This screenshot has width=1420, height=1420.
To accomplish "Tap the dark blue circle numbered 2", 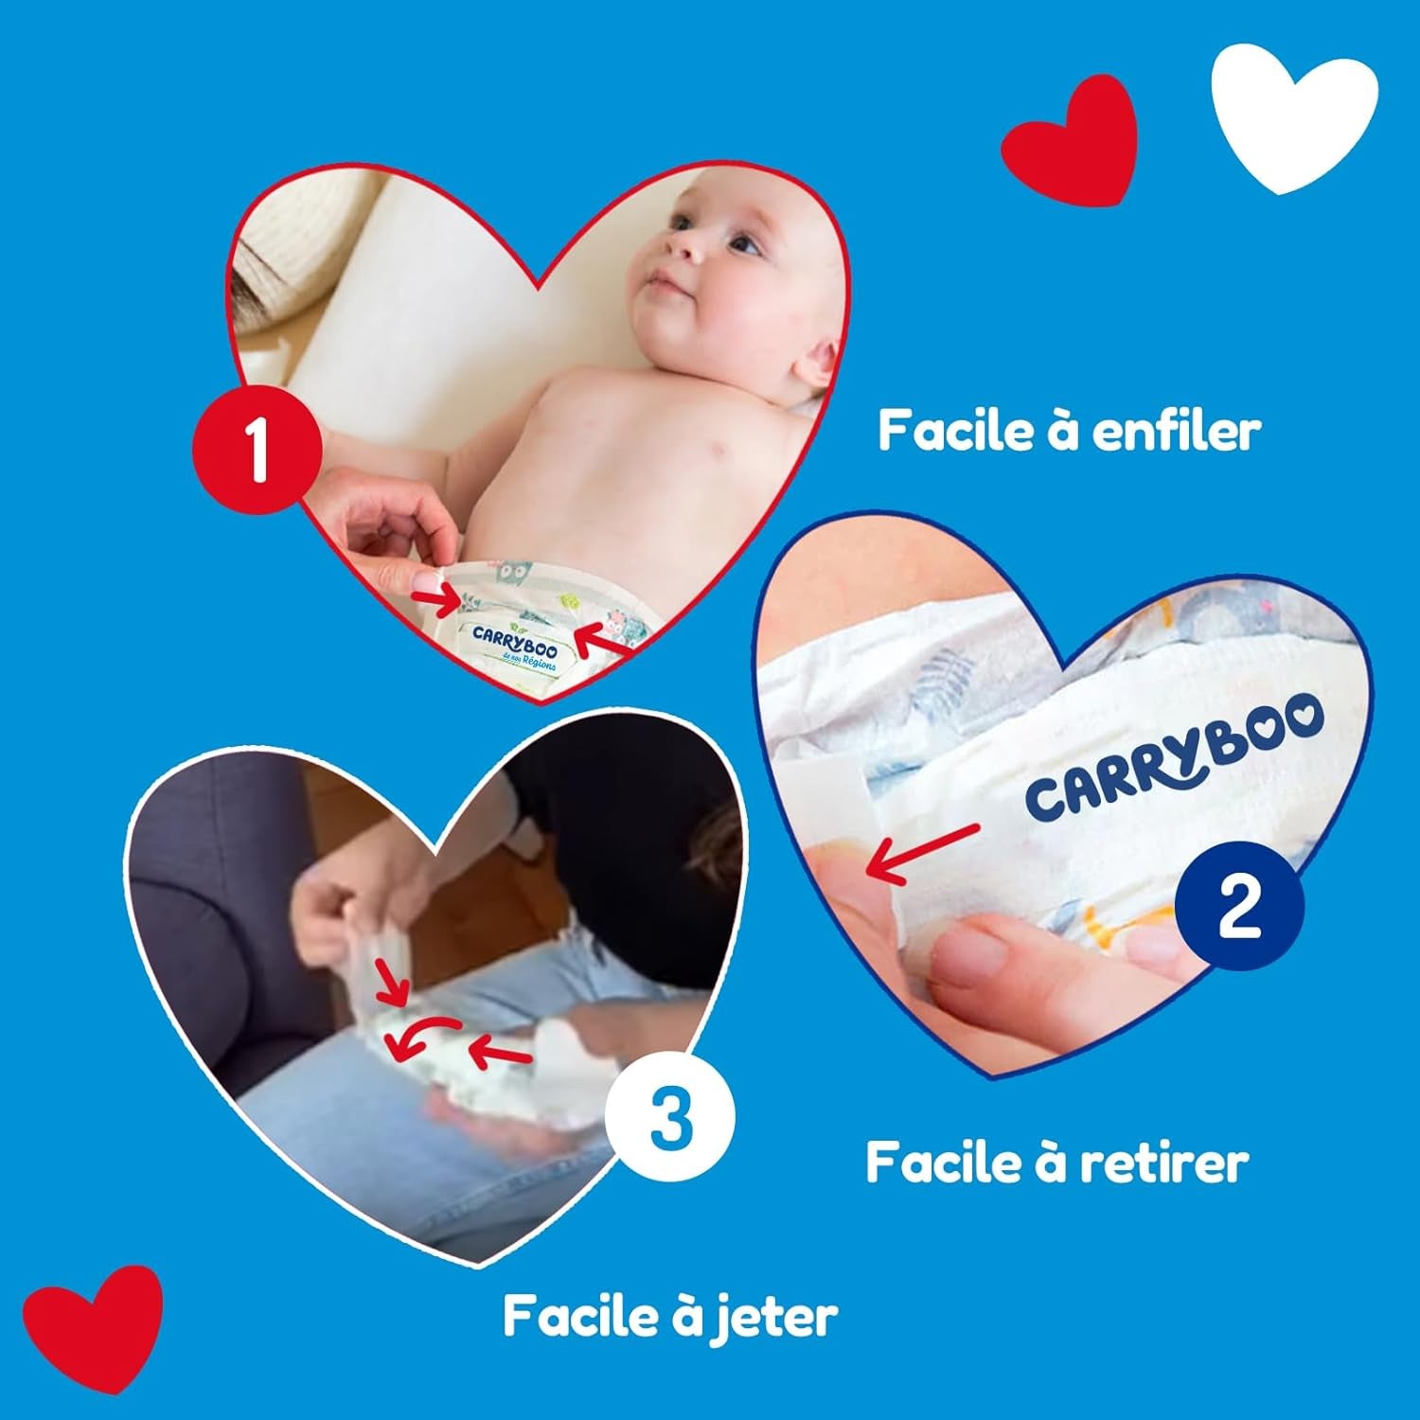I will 1240,906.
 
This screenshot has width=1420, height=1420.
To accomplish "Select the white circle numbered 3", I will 671,1117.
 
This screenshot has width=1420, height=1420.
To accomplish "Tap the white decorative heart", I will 1295,120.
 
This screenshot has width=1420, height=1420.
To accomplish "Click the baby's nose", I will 683,244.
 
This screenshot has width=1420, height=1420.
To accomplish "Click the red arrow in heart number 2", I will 923,852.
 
